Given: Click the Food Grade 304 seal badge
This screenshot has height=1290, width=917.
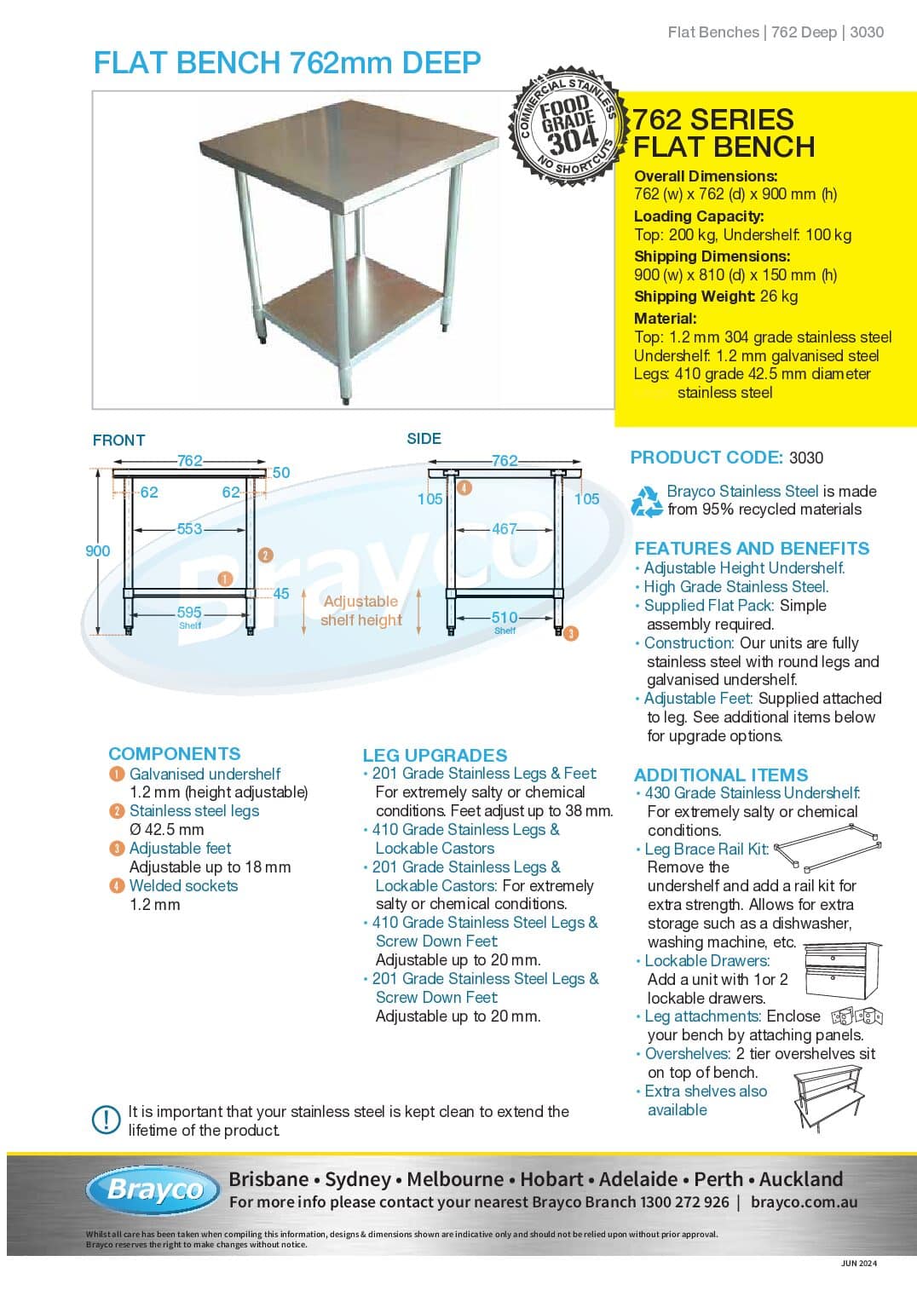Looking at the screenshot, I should [x=565, y=126].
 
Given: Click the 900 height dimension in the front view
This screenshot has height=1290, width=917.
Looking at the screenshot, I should [x=98, y=551].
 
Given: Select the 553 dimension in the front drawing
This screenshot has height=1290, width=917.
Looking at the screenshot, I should [x=189, y=529].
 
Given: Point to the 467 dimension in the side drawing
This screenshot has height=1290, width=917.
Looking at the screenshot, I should [x=505, y=529].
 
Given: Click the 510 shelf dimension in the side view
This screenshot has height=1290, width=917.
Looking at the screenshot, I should [x=505, y=618].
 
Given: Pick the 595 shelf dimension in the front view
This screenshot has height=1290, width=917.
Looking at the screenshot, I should [x=189, y=613].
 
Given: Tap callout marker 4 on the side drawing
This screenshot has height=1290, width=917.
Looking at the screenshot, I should [x=464, y=488].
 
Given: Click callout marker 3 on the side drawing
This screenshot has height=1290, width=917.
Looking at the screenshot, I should [x=571, y=633].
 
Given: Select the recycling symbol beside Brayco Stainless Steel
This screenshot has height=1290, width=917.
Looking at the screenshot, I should [x=647, y=501].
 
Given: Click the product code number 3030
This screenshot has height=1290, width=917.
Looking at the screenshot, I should [x=806, y=458].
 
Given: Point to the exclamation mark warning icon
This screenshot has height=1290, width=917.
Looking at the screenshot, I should [x=106, y=1120].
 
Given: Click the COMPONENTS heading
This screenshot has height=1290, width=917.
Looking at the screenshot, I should [x=175, y=754].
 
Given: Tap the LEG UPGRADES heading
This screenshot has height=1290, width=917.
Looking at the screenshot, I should [x=435, y=756].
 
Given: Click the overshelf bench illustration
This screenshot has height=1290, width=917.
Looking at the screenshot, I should [x=828, y=1097].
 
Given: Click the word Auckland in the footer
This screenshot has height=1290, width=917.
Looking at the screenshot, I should [x=800, y=1179].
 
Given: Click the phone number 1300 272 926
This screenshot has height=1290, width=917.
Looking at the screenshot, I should [x=684, y=1202].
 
